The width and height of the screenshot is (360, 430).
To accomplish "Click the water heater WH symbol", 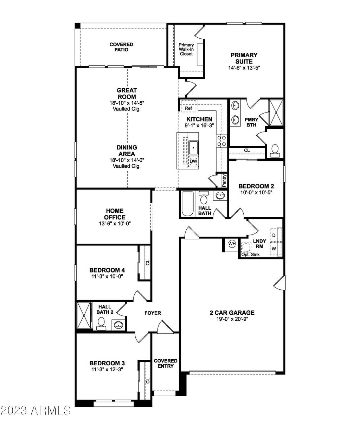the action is tap(232, 244).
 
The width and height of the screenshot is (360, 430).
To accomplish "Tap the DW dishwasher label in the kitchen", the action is tap(193, 161).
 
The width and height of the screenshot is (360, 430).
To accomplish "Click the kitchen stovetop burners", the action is tap(221, 141).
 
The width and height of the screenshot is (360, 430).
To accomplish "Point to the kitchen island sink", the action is tap(193, 148).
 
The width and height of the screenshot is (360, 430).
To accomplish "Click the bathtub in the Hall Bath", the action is tap(187, 204).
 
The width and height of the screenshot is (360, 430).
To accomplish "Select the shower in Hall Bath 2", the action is tap(84, 315).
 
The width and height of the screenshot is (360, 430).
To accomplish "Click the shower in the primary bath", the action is tap(276, 113).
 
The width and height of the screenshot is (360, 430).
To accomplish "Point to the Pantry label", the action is tap(224, 180).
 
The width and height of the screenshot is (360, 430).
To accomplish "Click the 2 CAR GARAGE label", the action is tap(232, 313).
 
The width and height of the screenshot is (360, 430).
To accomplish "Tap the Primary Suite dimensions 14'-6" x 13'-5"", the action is tap(244, 68).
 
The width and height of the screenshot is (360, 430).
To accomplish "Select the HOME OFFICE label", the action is tap(115, 214).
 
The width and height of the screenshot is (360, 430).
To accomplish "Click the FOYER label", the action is tap(153, 313).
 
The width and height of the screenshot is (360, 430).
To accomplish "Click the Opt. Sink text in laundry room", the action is tap(250, 255).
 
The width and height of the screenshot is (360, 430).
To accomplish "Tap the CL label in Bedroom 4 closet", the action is tap(148, 263).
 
